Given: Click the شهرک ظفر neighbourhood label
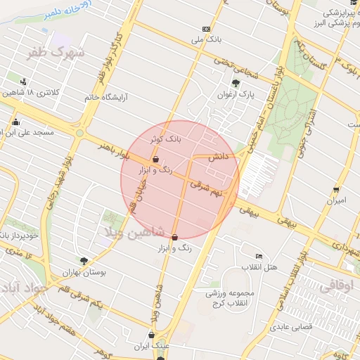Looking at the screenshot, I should point(55,53).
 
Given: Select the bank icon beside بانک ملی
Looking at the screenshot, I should point(206,29).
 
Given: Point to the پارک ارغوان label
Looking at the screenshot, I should point(234,94).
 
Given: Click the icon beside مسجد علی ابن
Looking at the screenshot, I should point(15,122).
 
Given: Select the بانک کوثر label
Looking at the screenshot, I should point(165,139).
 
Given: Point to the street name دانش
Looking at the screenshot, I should point(217,160).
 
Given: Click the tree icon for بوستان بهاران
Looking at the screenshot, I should point(84,261).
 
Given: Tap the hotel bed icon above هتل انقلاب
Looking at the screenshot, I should point(259,257).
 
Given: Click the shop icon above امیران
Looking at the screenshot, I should point(336,190).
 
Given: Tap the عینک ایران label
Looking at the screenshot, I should point(152,347).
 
